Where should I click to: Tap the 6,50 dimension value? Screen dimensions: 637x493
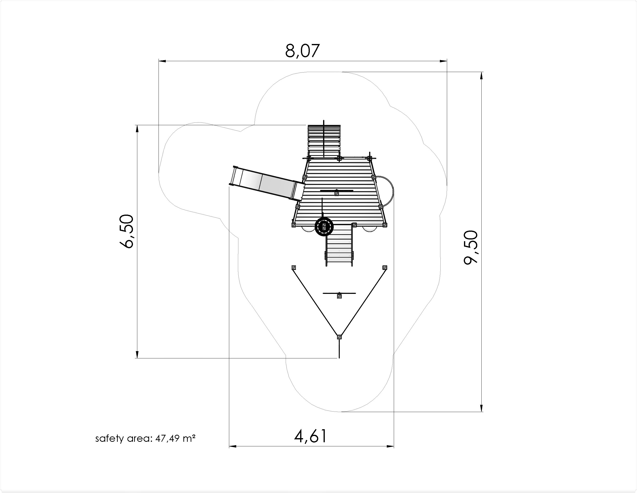coord(127,231)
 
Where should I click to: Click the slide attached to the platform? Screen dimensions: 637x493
coord(267,183)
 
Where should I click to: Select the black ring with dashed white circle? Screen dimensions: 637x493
coord(324,227)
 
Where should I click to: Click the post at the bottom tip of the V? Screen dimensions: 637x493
coord(339,337)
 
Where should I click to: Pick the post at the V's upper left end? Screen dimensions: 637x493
coord(294,268)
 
